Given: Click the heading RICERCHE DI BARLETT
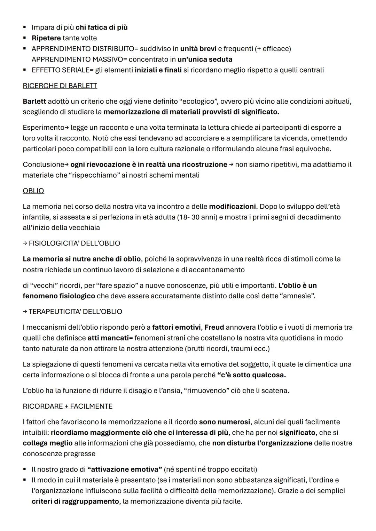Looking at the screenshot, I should click(60, 86).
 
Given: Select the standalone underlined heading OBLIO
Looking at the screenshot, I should click(33, 191).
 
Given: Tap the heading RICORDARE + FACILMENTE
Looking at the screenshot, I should click(68, 406).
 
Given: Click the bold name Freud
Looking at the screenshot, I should click(214, 327).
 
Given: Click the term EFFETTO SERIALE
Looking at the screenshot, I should click(61, 70).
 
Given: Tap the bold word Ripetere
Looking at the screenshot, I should click(46, 38).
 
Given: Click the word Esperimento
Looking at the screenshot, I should click(43, 128).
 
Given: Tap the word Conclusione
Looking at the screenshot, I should click(43, 164).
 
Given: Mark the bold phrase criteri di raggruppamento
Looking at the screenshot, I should click(75, 501).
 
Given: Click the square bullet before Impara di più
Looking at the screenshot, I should click(25, 27).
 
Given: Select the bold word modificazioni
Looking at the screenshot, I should click(232, 207).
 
